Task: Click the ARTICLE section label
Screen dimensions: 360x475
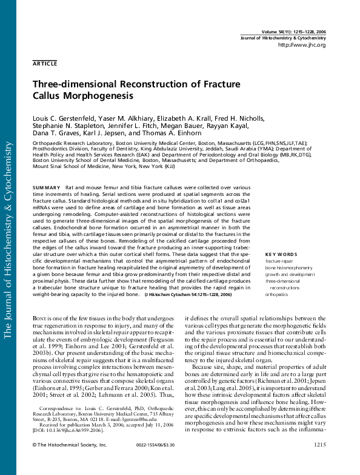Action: point(45,63)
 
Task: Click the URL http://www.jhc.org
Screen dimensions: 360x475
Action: point(301,45)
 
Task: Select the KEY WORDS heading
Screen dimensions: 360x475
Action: point(281,254)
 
